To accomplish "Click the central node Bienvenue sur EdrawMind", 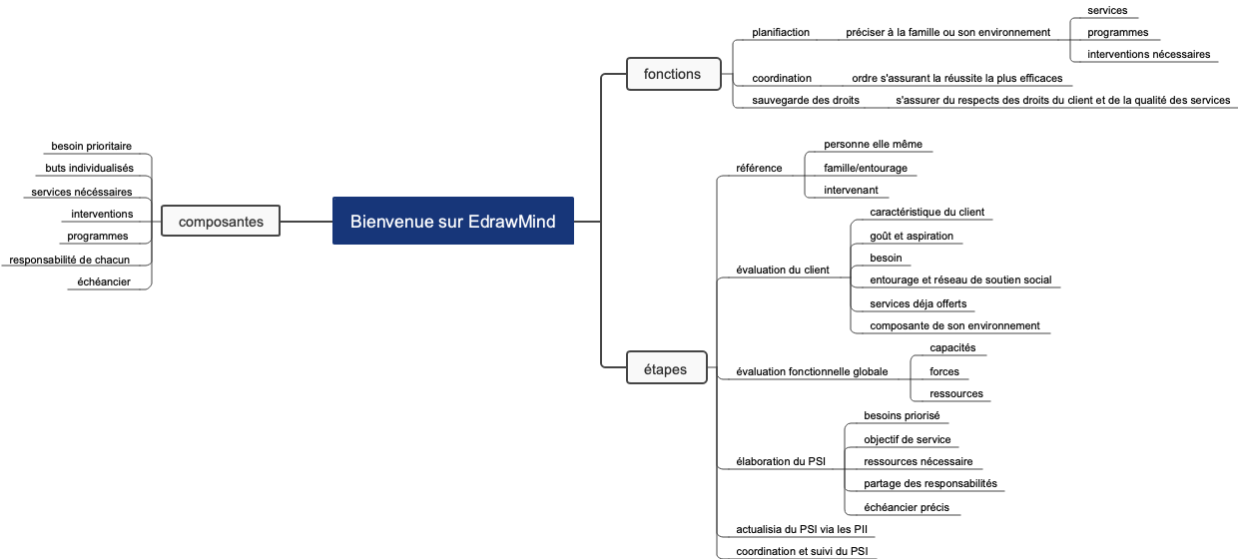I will (452, 221).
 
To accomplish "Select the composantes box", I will (221, 222).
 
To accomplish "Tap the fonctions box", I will (672, 74).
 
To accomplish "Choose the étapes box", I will (658, 369).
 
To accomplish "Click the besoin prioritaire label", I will (91, 146).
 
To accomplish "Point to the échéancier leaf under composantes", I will (104, 281).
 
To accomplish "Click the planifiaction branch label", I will (781, 32).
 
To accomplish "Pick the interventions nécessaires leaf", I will (1148, 54).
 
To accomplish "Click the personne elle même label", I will (873, 144).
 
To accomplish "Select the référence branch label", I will (759, 168).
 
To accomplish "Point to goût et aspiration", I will (911, 236).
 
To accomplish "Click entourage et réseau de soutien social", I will (959, 279).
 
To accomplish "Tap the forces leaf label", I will (943, 371).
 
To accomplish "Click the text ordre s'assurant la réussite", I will (956, 78).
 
